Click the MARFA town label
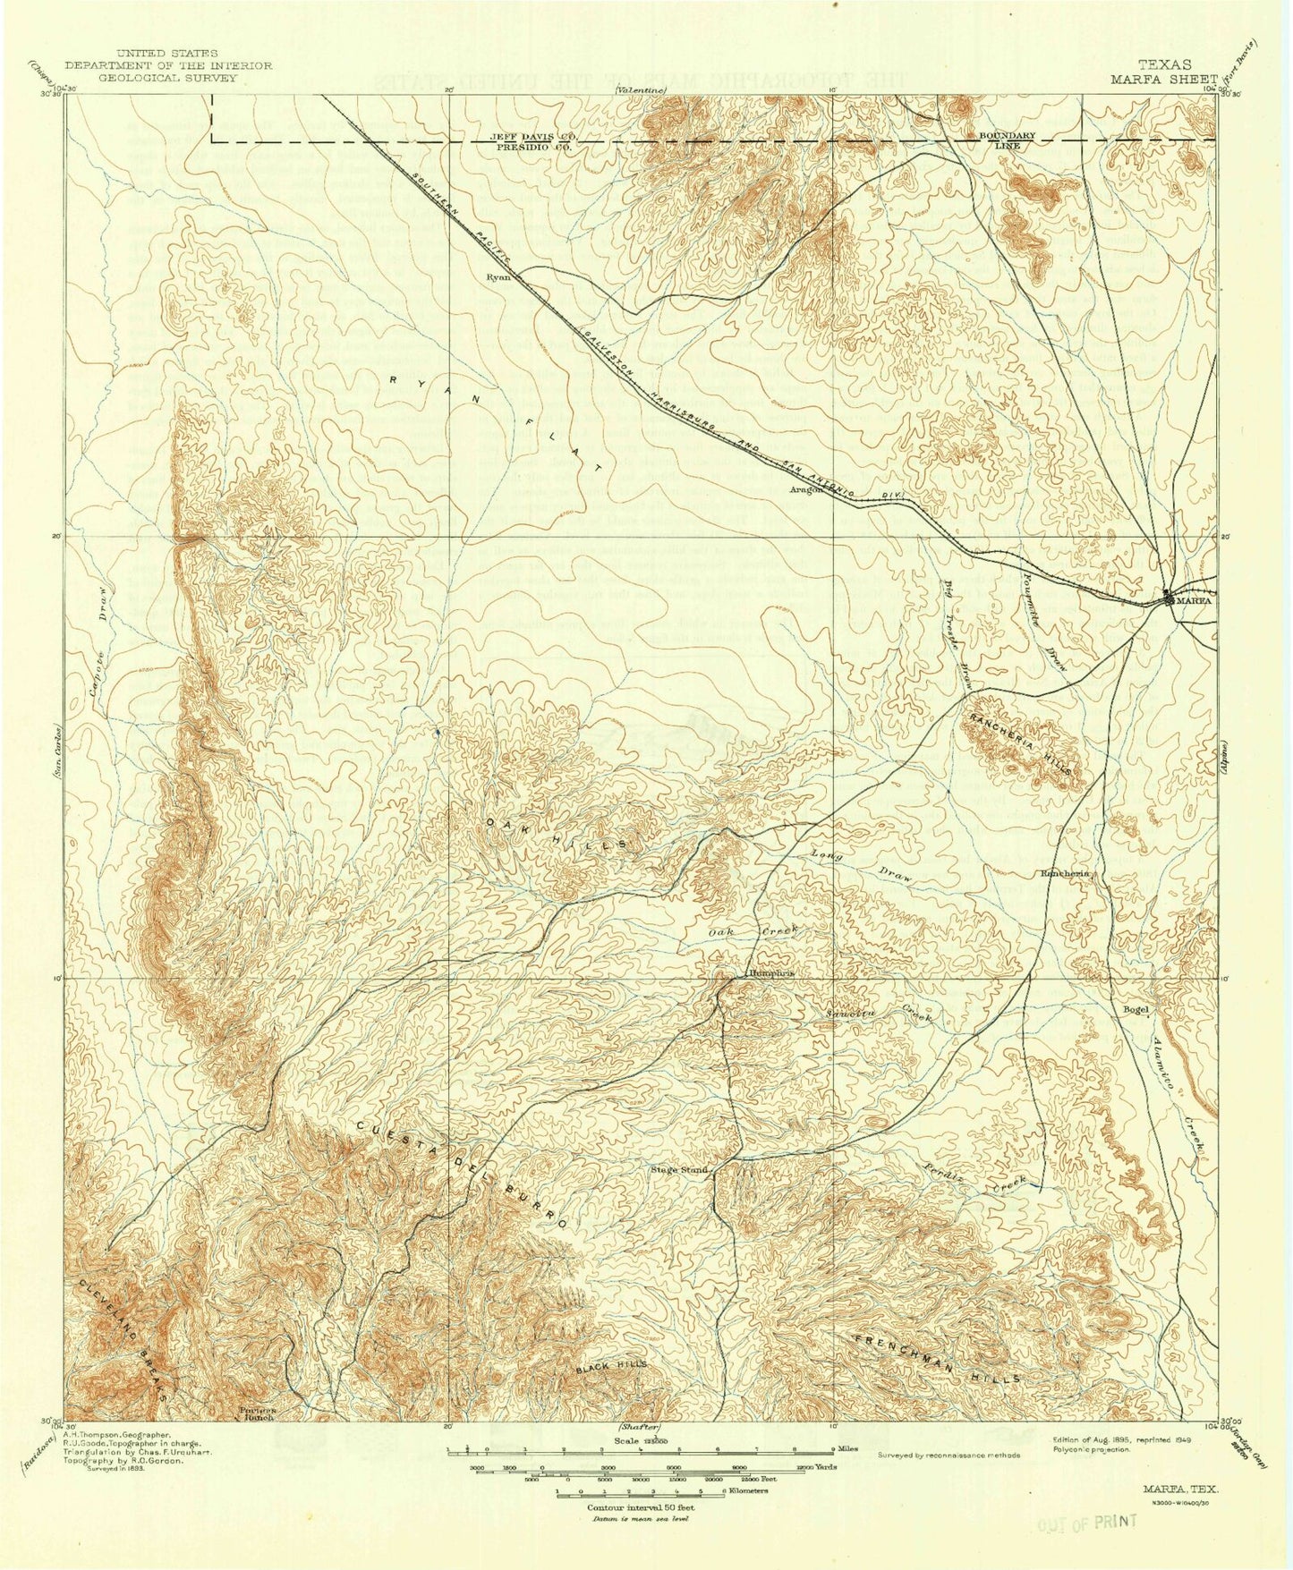[1195, 601]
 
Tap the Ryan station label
[498, 277]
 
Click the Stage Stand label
[679, 1169]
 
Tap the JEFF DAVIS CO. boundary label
[533, 135]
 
